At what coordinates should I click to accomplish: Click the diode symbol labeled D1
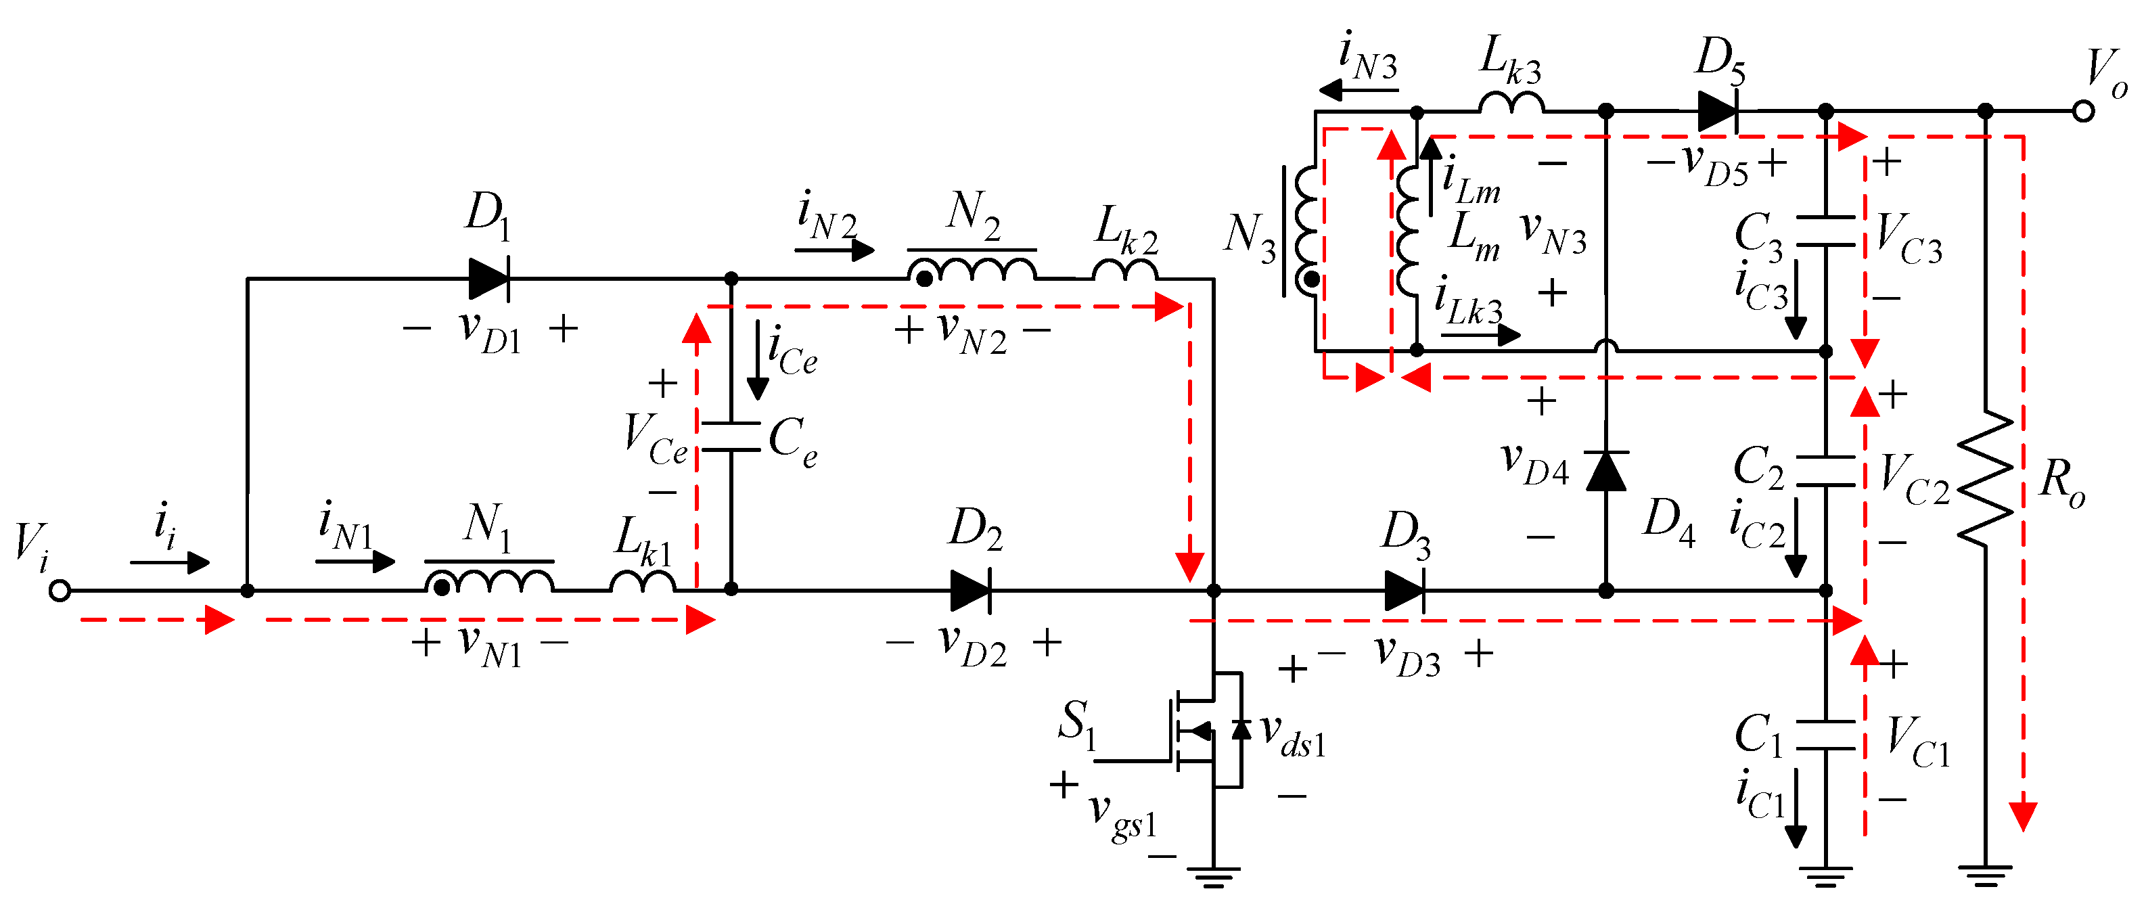489,278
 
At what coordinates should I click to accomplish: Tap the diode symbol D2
971,591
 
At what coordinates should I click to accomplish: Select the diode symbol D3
1405,591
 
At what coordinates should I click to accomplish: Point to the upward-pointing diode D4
1605,472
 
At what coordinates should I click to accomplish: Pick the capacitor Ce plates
731,436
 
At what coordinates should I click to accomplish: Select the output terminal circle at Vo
2082,111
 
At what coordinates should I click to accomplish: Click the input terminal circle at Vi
59,591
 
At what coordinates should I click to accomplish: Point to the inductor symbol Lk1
642,581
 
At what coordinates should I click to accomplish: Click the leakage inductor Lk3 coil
1511,102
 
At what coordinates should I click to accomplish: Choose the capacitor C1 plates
1825,735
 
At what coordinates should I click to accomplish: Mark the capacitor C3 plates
1825,231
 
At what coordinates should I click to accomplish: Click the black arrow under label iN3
1358,89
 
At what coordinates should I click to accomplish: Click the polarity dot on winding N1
442,587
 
